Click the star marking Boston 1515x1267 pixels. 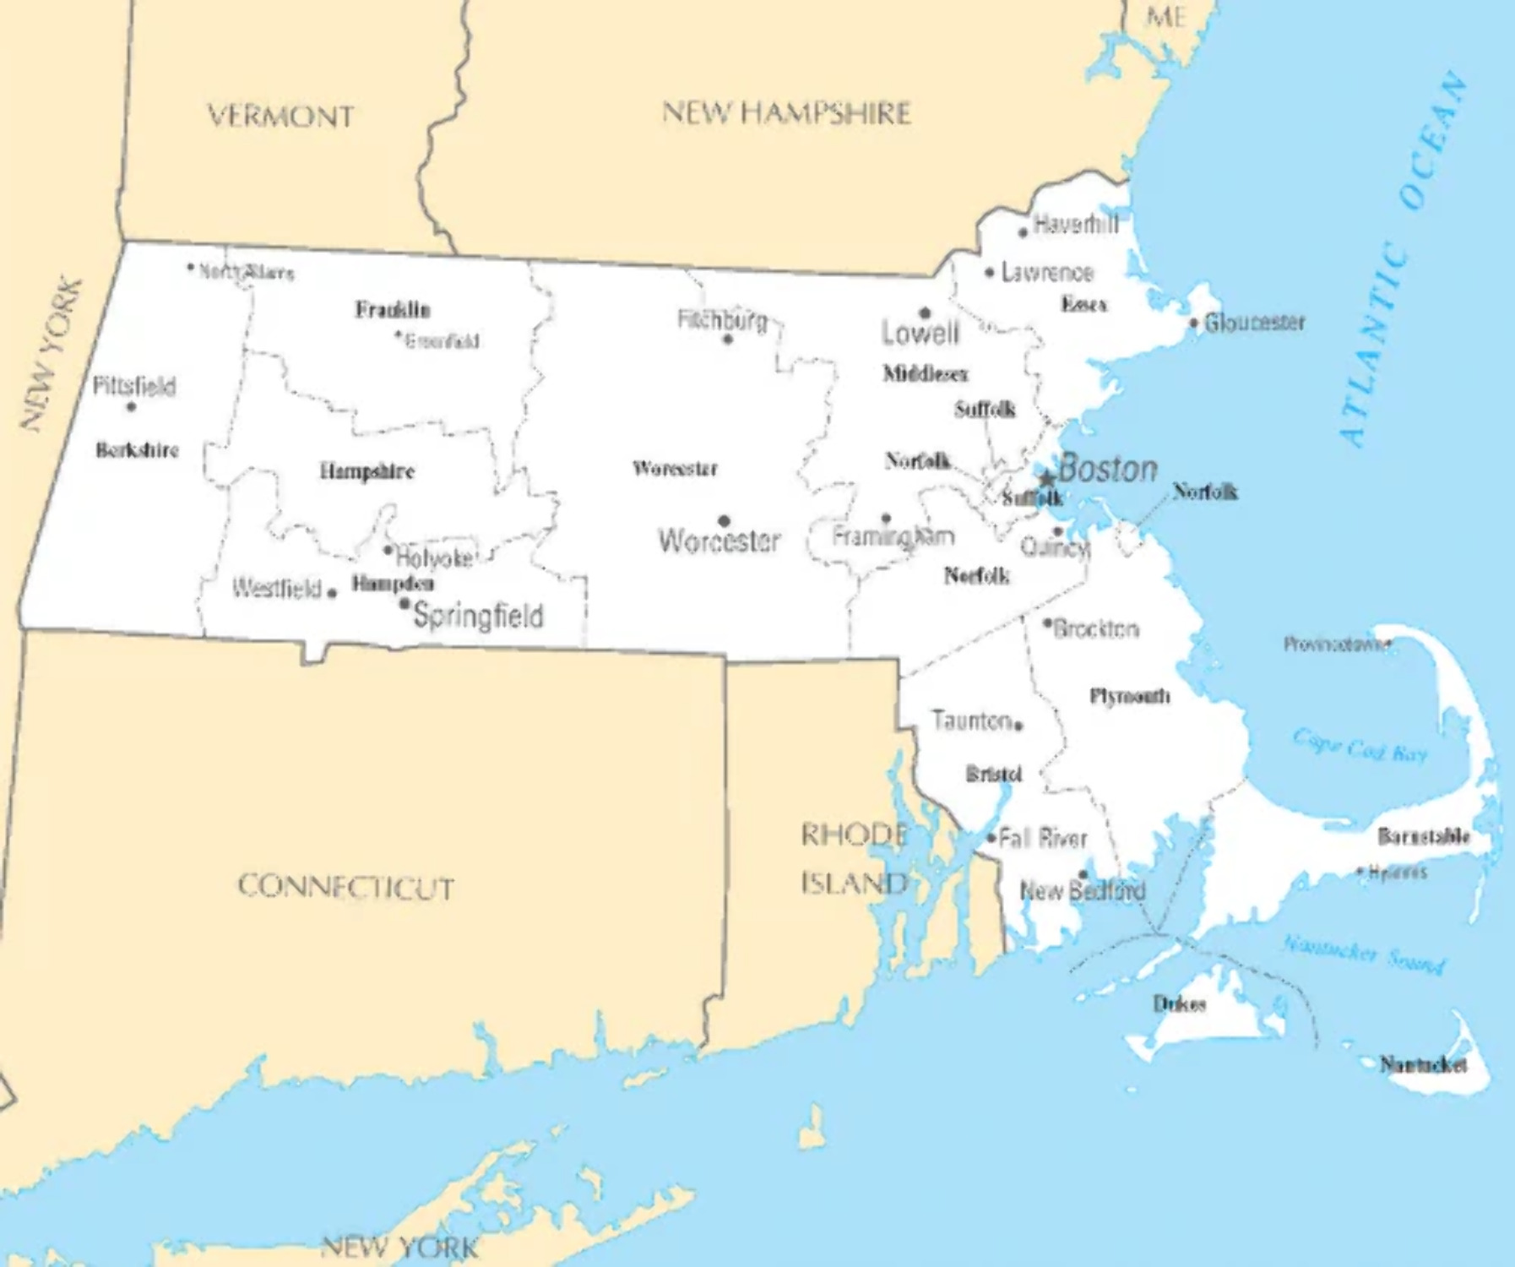coord(1047,480)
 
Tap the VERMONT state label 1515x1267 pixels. coord(280,116)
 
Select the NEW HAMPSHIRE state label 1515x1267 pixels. coord(786,112)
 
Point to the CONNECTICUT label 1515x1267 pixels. coord(345,887)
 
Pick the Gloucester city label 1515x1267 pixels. coord(1255,322)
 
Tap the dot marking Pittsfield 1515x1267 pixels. coord(131,407)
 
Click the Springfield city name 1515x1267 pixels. coord(478,616)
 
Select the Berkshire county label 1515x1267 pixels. coord(137,449)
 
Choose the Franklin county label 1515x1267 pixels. coord(393,309)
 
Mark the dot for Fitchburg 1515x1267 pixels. coord(727,340)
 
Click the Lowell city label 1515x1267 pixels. coord(920,333)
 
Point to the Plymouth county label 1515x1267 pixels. coord(1130,696)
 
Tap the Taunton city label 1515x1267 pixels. coord(972,721)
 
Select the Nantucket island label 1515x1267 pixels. coord(1423,1064)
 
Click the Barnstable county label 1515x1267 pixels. coord(1424,836)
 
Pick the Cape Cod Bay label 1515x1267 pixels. coord(1360,747)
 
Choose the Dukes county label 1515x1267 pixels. coord(1180,1003)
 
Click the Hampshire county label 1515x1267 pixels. coord(367,470)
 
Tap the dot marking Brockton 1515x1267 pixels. coord(1048,624)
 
